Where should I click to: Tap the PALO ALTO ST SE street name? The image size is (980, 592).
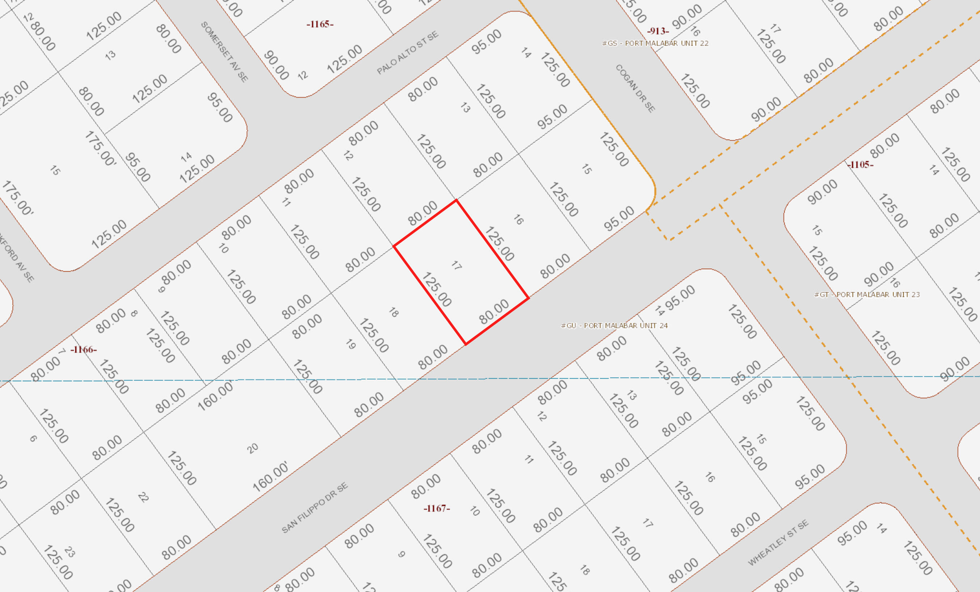pyautogui.click(x=408, y=52)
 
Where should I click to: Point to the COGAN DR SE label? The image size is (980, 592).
pyautogui.click(x=635, y=88)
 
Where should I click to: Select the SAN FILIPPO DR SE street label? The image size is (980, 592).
pyautogui.click(x=315, y=508)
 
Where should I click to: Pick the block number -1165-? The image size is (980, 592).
pyautogui.click(x=320, y=24)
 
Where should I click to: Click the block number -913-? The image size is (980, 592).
pyautogui.click(x=658, y=31)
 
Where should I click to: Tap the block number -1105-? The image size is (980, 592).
pyautogui.click(x=860, y=164)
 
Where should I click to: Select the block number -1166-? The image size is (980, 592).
pyautogui.click(x=84, y=349)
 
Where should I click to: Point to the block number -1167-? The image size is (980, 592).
pyautogui.click(x=437, y=508)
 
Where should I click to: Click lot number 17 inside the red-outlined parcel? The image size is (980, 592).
pyautogui.click(x=457, y=265)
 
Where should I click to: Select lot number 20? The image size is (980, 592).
pyautogui.click(x=252, y=448)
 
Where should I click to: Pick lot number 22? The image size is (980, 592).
pyautogui.click(x=143, y=497)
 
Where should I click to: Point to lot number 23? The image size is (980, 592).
pyautogui.click(x=69, y=552)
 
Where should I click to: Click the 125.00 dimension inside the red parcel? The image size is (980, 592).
pyautogui.click(x=436, y=289)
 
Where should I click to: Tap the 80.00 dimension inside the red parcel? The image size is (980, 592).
pyautogui.click(x=493, y=311)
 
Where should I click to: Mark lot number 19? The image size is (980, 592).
pyautogui.click(x=351, y=344)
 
